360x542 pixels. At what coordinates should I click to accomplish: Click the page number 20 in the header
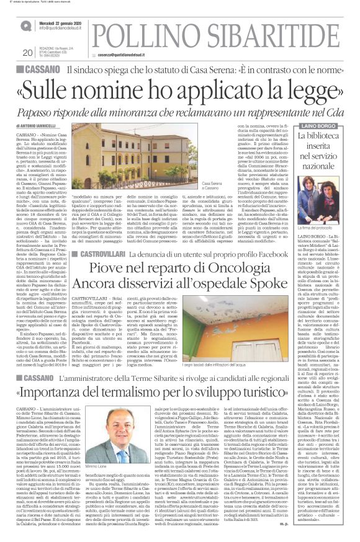coord(26,52)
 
